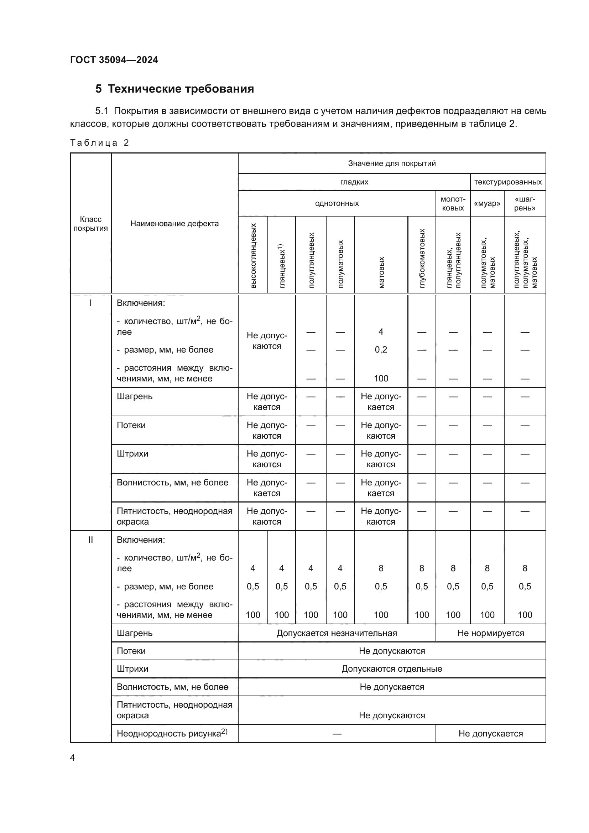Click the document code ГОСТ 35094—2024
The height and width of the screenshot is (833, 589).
point(114,60)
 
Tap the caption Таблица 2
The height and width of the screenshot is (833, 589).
point(99,142)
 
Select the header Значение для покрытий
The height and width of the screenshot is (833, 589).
point(392,163)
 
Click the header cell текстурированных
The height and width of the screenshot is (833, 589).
point(508,182)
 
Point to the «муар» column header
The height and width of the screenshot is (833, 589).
point(487,204)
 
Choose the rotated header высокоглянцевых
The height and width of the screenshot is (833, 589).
point(253,256)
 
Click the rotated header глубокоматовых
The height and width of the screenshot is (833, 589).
point(422,258)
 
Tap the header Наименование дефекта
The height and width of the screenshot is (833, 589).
point(174,224)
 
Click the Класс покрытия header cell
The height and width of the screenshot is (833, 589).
point(90,224)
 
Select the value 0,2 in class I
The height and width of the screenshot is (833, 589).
point(381,350)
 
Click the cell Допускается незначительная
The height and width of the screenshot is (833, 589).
point(337,633)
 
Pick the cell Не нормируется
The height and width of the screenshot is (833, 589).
point(490,633)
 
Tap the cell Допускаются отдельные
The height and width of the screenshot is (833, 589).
point(392,669)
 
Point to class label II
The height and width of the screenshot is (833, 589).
point(90,540)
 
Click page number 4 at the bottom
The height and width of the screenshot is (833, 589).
point(72,758)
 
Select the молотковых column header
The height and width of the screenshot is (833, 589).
point(453,204)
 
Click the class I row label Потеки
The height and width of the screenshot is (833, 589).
point(131,425)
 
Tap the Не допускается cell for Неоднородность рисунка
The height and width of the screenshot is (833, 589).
point(490,734)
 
